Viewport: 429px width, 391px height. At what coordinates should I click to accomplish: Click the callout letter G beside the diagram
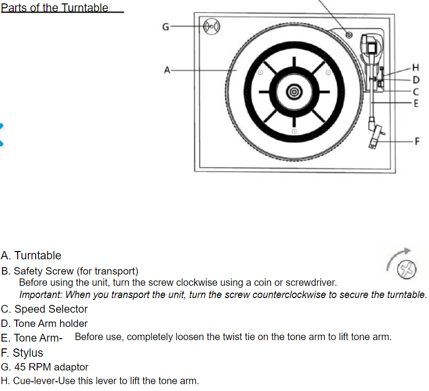[x=166, y=26]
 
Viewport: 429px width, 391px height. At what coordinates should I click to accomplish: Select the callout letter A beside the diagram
[x=167, y=70]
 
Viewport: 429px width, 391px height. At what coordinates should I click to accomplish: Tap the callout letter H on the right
[x=416, y=68]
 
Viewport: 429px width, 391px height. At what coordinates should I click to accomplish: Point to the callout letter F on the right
[x=417, y=141]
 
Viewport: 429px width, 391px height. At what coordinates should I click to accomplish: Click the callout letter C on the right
[x=416, y=92]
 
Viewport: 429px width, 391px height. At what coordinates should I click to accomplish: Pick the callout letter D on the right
[x=416, y=79]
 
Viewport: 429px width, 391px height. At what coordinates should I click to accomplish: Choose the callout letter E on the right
[x=416, y=103]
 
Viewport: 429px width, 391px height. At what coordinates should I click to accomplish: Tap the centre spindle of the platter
[x=294, y=92]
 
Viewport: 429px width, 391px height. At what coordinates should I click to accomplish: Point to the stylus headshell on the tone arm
[x=376, y=137]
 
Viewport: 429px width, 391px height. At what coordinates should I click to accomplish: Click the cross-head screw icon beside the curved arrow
[x=407, y=270]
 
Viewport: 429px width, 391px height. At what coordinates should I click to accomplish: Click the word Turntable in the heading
[x=85, y=8]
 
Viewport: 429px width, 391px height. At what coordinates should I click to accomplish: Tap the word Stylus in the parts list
[x=28, y=353]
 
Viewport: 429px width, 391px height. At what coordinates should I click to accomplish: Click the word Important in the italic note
[x=41, y=295]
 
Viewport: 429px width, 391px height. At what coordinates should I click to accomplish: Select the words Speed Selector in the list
[x=51, y=309]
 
